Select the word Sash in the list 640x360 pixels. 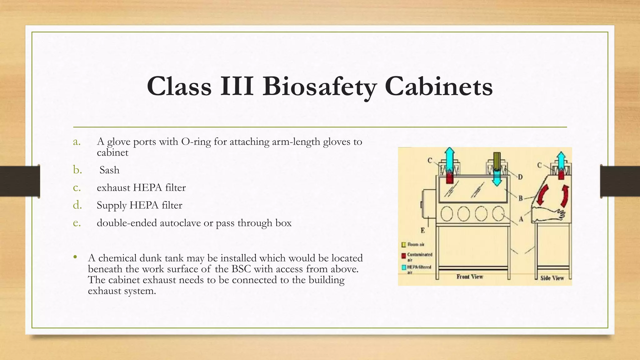click(x=109, y=170)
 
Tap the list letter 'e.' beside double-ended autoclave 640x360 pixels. click(x=77, y=223)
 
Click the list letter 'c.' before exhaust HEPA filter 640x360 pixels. click(x=77, y=187)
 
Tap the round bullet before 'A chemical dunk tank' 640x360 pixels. click(x=75, y=257)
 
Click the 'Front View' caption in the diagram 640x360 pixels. click(x=470, y=277)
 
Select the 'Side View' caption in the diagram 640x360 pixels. click(x=552, y=278)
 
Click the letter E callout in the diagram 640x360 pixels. click(x=422, y=231)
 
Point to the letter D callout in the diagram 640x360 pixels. click(x=520, y=177)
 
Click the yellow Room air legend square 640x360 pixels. click(x=404, y=244)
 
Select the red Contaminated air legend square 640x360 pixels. click(x=404, y=256)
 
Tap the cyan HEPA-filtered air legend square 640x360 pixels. click(x=404, y=267)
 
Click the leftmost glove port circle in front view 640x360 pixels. click(x=447, y=214)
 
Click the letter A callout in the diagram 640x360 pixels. click(x=521, y=219)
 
